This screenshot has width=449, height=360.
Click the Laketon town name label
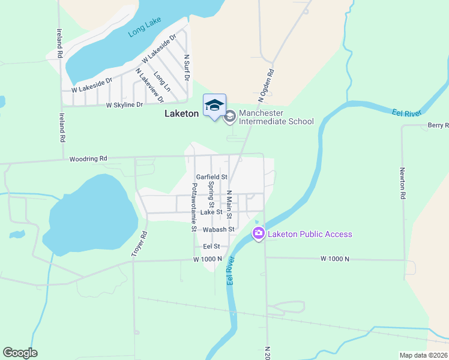click(x=181, y=113)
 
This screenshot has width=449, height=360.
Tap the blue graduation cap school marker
click(x=214, y=106)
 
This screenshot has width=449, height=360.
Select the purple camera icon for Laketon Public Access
click(x=259, y=233)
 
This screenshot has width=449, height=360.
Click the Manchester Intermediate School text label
click(x=276, y=117)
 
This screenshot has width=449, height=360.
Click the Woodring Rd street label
click(x=88, y=159)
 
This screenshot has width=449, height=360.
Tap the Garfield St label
click(x=212, y=177)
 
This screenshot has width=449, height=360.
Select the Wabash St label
click(x=218, y=230)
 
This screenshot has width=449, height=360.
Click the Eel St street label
click(x=212, y=246)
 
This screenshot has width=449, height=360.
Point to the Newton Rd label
click(x=403, y=183)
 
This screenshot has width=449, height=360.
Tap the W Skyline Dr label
click(x=125, y=105)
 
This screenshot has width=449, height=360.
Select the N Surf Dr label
click(x=187, y=67)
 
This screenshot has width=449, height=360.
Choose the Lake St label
click(x=212, y=212)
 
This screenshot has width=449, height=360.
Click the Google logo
click(x=20, y=353)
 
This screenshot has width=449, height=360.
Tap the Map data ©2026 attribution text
click(x=423, y=355)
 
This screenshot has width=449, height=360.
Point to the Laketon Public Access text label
click(x=310, y=234)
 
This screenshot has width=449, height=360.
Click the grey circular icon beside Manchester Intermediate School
click(x=230, y=117)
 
